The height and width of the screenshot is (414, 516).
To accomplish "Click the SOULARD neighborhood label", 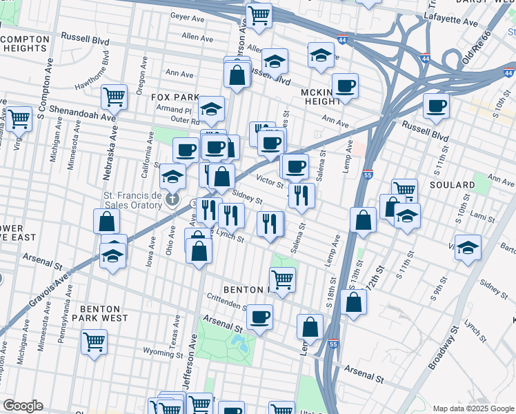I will [x=453, y=185].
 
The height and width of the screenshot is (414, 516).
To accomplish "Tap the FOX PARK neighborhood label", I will [x=175, y=98].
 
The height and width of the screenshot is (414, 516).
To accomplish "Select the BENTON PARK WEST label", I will [x=103, y=313].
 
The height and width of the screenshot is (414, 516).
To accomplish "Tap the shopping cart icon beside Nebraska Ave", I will [x=114, y=97].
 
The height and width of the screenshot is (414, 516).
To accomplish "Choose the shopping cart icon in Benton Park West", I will [x=94, y=341].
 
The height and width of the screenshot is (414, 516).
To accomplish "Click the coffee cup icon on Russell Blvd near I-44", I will [x=435, y=107].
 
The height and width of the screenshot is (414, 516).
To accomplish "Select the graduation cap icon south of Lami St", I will [x=468, y=247].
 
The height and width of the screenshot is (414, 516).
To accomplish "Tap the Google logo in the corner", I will [x=23, y=406].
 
